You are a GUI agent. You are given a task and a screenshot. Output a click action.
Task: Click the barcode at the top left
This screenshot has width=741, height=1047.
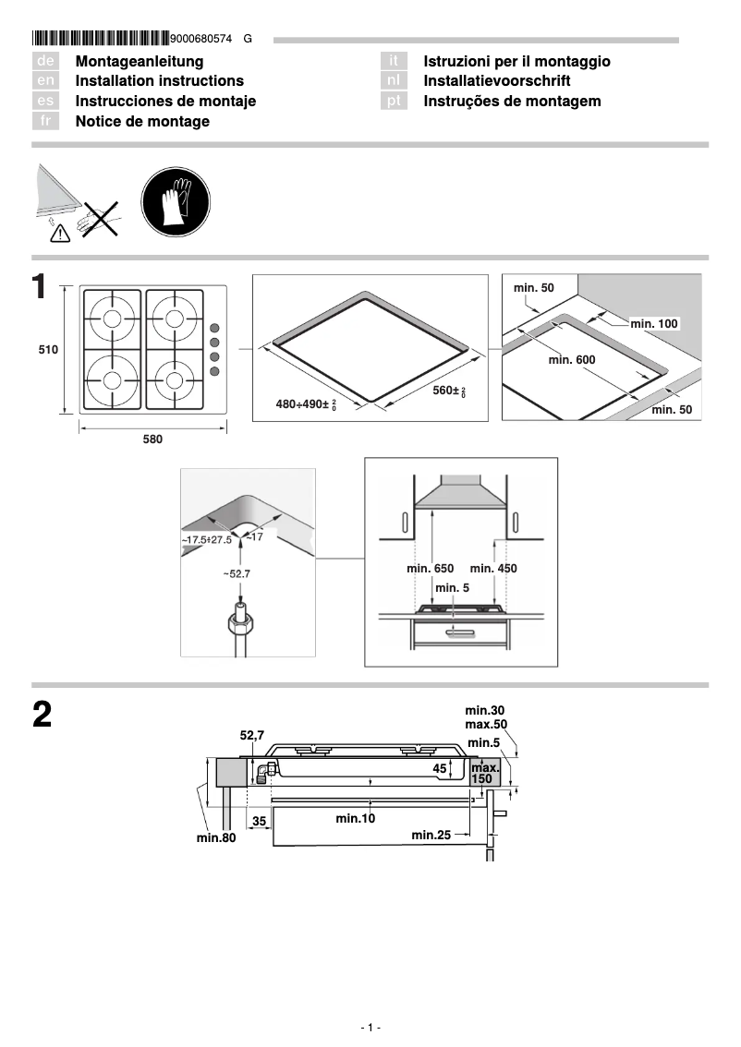pos(101,39)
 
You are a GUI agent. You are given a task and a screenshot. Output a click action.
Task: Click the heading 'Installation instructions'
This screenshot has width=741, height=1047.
pos(159,81)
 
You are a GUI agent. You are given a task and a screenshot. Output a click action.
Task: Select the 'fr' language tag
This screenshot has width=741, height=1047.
pos(46,122)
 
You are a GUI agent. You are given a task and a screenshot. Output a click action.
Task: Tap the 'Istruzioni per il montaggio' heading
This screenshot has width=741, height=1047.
pos(516,61)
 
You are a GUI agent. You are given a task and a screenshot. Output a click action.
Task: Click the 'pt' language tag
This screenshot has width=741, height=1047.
pos(395,102)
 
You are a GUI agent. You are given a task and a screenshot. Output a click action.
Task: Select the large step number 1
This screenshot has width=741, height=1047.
pos(40,287)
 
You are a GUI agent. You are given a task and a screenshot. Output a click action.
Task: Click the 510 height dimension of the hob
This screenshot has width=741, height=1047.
pos(48,350)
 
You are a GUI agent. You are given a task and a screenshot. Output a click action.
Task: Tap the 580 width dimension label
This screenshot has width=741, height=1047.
pos(152,440)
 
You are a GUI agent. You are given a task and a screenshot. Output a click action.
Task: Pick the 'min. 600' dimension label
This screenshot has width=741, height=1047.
pos(572,359)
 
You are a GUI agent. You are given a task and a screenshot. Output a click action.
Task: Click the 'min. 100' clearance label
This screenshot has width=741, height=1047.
pos(654,323)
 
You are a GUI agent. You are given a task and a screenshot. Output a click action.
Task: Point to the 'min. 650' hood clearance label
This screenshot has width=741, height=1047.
pos(430,569)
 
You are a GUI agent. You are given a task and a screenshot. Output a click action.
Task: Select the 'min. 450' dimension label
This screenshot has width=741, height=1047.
pos(493,569)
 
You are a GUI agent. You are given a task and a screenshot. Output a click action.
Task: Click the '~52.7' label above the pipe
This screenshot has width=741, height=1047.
pos(236,573)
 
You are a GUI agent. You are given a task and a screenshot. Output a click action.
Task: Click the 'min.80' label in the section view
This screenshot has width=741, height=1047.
pos(216,837)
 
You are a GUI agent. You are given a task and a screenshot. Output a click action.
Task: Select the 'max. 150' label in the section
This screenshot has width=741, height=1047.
pos(484,774)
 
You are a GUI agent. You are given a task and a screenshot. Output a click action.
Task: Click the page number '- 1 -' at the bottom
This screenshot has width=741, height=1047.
pos(370,1028)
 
